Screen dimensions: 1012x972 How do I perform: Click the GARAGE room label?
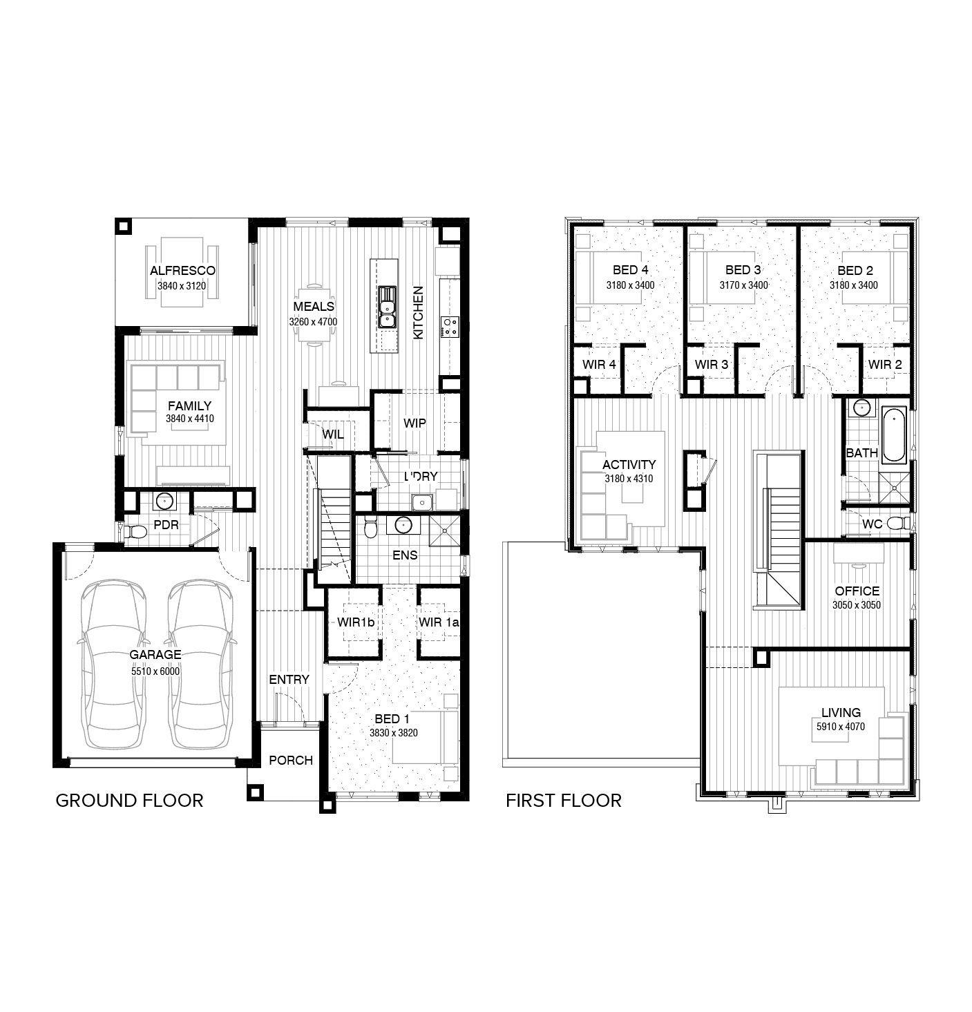155,654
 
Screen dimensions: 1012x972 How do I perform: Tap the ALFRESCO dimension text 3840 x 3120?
182,286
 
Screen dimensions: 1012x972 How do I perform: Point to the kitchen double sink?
386,312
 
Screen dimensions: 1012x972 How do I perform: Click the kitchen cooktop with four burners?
450,326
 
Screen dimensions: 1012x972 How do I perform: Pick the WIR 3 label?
711,364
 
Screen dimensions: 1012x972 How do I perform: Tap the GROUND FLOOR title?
129,801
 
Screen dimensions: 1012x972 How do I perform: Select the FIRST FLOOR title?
563,801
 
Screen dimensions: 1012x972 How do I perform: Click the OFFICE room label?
857,591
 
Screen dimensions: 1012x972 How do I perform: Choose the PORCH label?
291,760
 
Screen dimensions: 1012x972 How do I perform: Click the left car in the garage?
113,663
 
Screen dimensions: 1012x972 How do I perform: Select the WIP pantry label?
414,423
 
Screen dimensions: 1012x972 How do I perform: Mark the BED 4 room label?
630,270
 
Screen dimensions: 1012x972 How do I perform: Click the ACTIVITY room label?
629,465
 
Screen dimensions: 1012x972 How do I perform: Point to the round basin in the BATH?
861,408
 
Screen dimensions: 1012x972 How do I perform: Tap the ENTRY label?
289,679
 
